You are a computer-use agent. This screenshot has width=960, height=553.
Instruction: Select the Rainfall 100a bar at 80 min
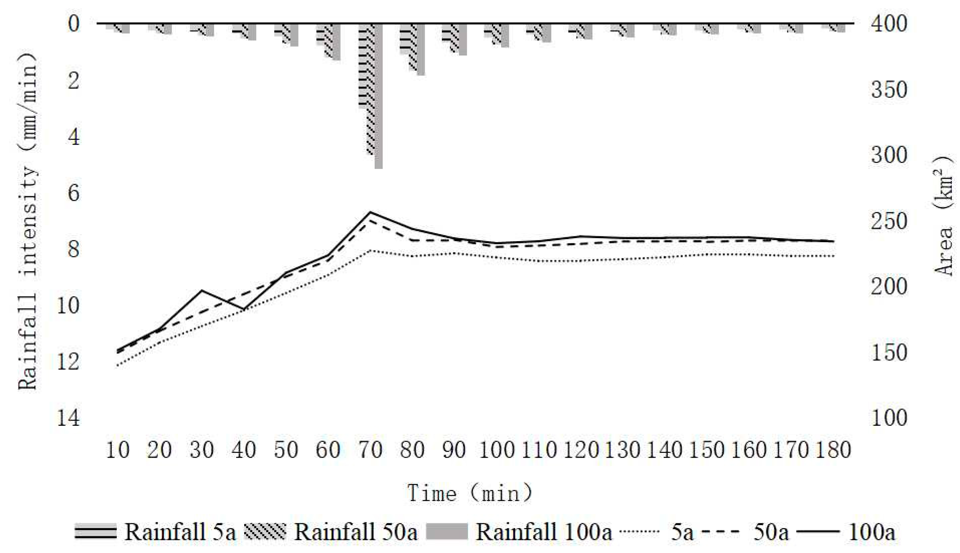point(421,49)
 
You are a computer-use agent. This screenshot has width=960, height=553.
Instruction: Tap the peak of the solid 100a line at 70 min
point(370,212)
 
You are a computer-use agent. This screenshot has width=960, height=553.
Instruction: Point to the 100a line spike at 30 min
point(201,291)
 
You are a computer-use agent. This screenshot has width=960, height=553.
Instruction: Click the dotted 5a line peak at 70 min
point(370,251)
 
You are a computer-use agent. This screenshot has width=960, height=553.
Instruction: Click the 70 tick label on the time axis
point(370,450)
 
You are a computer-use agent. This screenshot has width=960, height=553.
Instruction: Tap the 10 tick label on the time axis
point(117,450)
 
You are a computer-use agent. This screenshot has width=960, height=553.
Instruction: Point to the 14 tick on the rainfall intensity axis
point(68,418)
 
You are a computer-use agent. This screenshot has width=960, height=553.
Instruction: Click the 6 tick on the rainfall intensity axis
point(74,193)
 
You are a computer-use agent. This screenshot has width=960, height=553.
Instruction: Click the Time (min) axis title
point(470,493)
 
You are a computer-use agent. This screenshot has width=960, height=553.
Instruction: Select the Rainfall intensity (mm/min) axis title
point(28,220)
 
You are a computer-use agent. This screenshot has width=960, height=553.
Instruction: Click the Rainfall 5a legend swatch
point(95,531)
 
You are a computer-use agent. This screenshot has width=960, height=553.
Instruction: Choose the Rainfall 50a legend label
point(356,532)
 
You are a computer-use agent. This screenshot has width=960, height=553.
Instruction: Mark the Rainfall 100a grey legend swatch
point(447,531)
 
